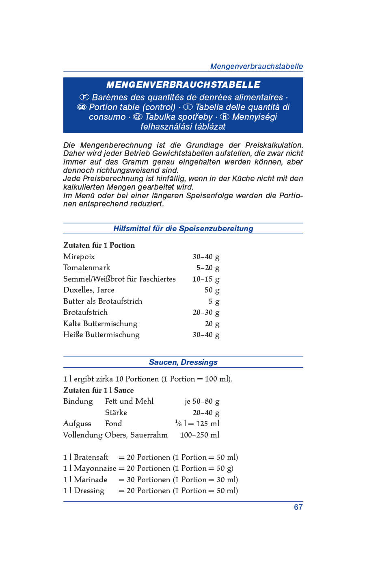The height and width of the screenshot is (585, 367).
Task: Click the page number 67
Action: pyautogui.click(x=298, y=507)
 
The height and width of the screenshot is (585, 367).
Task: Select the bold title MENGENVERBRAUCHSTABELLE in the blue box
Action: pyautogui.click(x=183, y=85)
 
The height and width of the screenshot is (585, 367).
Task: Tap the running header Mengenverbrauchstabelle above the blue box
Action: pyautogui.click(x=256, y=66)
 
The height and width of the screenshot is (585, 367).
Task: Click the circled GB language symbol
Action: pyautogui.click(x=82, y=107)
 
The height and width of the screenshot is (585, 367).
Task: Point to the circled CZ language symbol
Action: pyautogui.click(x=138, y=117)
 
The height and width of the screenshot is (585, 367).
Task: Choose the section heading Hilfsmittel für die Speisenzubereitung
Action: pyautogui.click(x=183, y=229)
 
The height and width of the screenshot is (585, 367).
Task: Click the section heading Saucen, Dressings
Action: pyautogui.click(x=183, y=362)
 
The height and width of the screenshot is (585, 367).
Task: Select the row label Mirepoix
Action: pyautogui.click(x=79, y=257)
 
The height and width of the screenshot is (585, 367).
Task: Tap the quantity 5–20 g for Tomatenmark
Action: pyautogui.click(x=207, y=268)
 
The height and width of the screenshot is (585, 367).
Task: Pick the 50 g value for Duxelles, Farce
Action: pyautogui.click(x=212, y=290)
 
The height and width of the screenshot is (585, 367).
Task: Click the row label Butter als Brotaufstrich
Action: pyautogui.click(x=103, y=301)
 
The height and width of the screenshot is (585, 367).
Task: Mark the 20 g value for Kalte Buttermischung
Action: pyautogui.click(x=212, y=324)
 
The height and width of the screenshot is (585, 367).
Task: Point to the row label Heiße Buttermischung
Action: pyautogui.click(x=101, y=335)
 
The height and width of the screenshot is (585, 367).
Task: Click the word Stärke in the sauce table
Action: pyautogui.click(x=116, y=413)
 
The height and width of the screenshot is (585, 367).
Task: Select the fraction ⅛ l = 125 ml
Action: pyautogui.click(x=197, y=423)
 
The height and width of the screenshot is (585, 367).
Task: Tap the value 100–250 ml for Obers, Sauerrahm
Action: pyautogui.click(x=200, y=435)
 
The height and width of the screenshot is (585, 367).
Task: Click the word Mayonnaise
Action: pyautogui.click(x=95, y=468)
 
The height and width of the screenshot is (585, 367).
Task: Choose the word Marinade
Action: pyautogui.click(x=91, y=480)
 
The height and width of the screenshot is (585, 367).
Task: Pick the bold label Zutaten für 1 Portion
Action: pyautogui.click(x=99, y=245)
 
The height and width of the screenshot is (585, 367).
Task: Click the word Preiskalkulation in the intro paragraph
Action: pyautogui.click(x=274, y=145)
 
